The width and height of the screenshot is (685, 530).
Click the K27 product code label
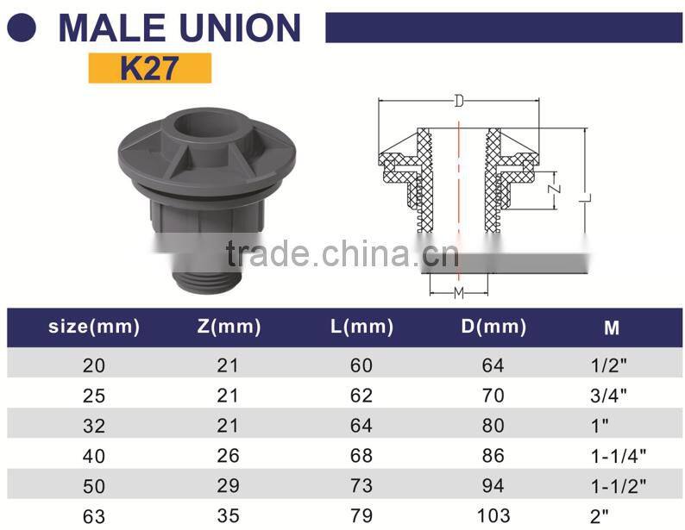click(149, 68)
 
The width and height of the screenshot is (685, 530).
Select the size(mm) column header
click(93, 327)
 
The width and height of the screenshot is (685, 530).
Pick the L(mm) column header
click(361, 327)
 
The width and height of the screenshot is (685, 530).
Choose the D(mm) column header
click(493, 327)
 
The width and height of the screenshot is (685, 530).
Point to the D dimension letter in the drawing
click(459, 102)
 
